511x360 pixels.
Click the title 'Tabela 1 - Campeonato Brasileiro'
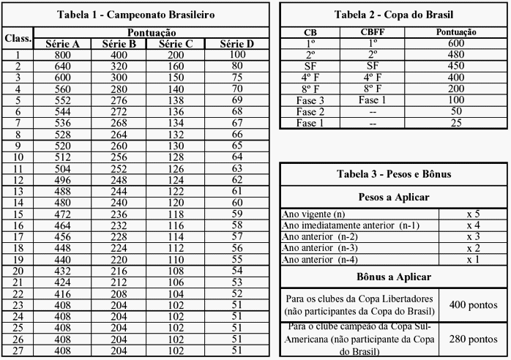pos(136,15)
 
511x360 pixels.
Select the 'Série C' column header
pos(170,44)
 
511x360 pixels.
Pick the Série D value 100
pos(236,54)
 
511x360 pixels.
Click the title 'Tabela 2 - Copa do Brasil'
pos(392,15)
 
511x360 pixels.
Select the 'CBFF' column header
pos(372,33)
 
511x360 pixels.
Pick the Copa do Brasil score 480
pos(455,54)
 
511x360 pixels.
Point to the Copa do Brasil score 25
pos(455,123)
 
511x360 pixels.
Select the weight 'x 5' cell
pos(473,214)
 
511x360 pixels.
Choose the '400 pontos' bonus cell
pos(473,303)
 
